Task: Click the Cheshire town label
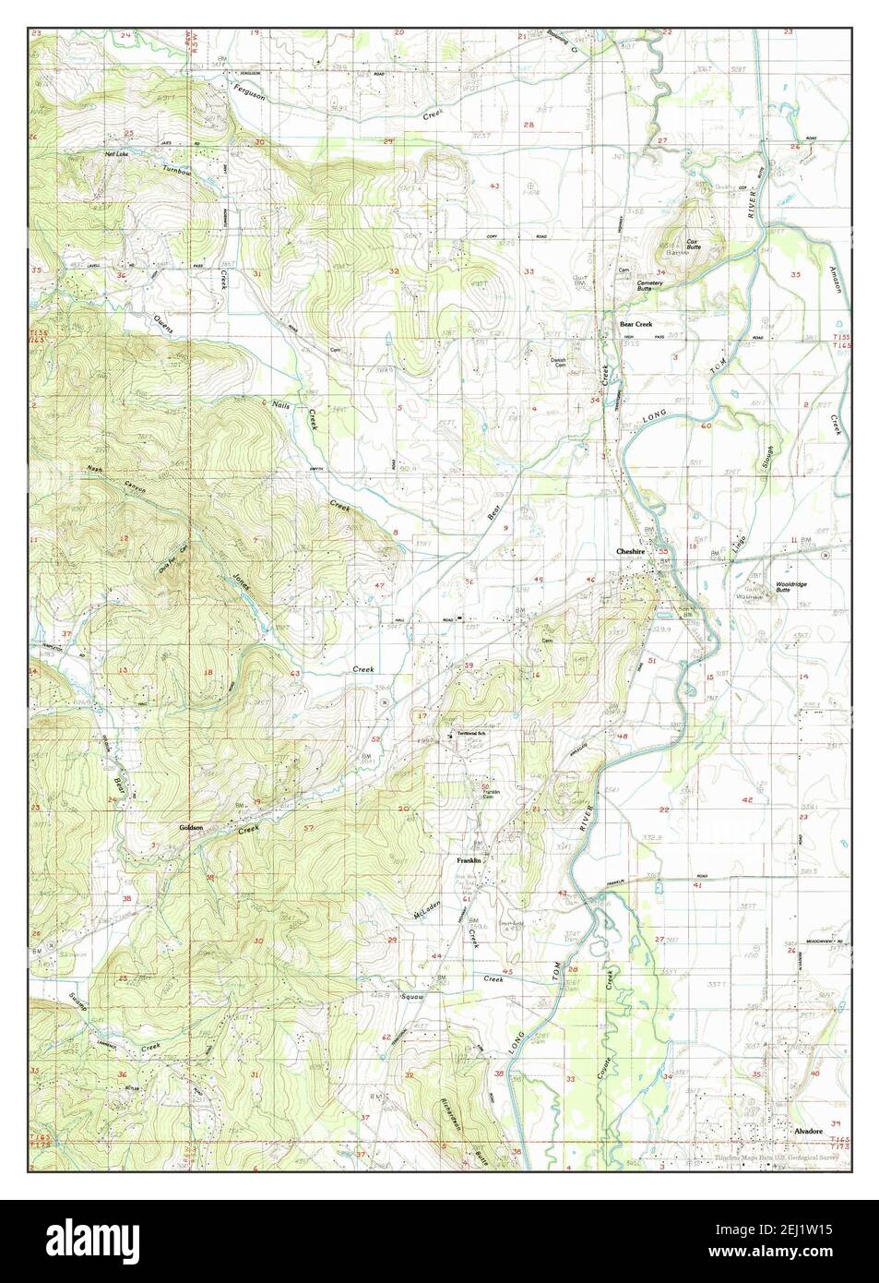tap(635, 552)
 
